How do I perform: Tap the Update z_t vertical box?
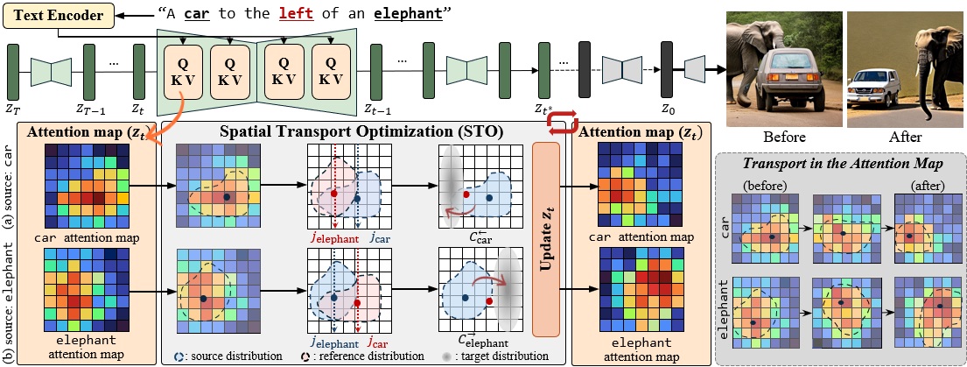coord(545,239)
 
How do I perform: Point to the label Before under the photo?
coord(783,137)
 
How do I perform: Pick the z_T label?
coord(14,109)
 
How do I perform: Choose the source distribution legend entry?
coord(228,356)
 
